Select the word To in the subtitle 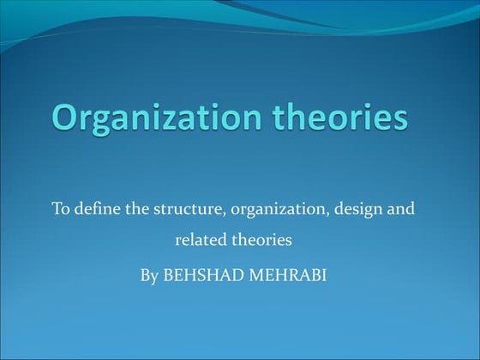(x=61, y=209)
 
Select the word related (x=200, y=241)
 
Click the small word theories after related (x=261, y=241)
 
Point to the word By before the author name (x=148, y=277)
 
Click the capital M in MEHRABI (x=254, y=277)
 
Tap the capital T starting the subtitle (x=57, y=209)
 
